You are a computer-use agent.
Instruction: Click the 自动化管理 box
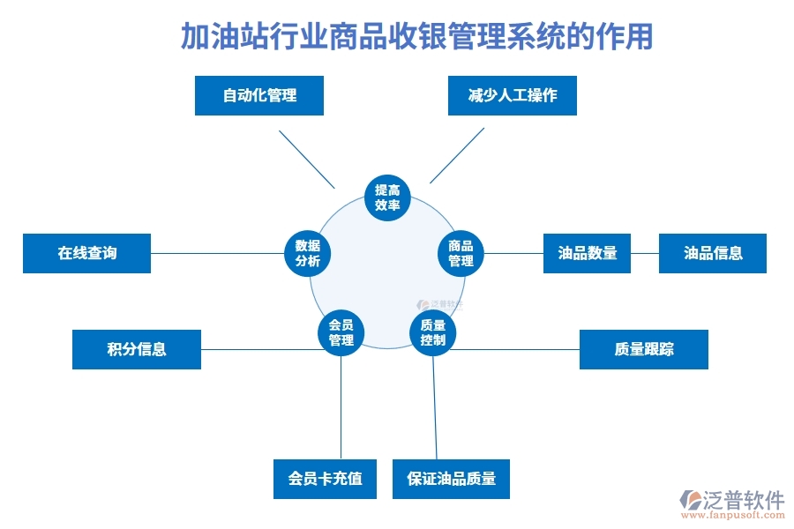tap(258, 95)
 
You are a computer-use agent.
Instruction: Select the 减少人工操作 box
tap(513, 95)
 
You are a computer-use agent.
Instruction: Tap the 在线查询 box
tap(87, 253)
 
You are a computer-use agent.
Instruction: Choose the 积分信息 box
tap(137, 349)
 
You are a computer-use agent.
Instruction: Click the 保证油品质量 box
tap(451, 480)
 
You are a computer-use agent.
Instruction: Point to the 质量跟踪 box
tap(643, 349)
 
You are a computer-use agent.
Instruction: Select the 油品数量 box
tap(587, 253)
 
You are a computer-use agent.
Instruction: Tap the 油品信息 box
tap(713, 253)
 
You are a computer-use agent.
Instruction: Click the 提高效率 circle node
tap(387, 197)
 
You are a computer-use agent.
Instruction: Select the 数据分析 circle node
tap(307, 253)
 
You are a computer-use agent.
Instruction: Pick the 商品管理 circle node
tap(461, 253)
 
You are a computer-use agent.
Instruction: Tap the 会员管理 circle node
tap(341, 332)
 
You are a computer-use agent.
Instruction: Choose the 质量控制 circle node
tap(433, 332)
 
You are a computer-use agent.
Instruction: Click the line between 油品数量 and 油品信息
tap(645, 253)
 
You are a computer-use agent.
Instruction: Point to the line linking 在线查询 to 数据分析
tap(217, 254)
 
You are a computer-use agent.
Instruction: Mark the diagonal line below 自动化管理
tap(307, 159)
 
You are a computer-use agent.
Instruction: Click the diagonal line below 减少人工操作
tap(457, 155)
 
